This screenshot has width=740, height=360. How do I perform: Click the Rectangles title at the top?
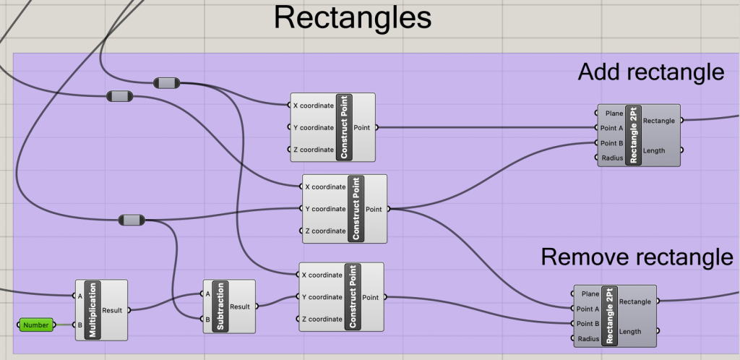353,18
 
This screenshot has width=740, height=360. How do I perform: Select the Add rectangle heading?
650,72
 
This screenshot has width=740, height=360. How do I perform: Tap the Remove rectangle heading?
637,257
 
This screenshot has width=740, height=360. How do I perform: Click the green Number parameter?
35,325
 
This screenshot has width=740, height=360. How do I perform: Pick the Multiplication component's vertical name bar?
92,310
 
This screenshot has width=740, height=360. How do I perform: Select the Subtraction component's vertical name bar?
220,307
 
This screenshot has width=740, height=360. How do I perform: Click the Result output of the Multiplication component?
112,310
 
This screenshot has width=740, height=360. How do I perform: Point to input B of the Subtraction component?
208,318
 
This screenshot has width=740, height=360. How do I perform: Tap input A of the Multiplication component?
79,296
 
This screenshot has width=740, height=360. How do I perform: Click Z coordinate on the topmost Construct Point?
313,150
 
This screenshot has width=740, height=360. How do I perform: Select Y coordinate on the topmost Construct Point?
313,128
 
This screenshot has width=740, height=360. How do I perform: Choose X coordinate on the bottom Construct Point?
322,275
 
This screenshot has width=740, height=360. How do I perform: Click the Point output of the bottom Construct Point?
370,297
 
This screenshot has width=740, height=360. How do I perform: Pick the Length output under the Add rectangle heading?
653,150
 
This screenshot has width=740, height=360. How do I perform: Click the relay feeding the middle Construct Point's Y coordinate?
131,220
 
